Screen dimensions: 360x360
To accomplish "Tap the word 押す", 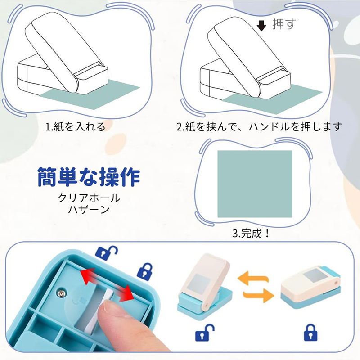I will pos(284,24).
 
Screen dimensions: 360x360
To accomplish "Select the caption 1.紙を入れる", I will pos(75,127).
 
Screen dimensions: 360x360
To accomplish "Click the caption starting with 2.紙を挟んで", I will pos(259,127).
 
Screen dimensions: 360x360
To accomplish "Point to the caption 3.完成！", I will pos(253,234).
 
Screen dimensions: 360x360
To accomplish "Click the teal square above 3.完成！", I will pos(255,184).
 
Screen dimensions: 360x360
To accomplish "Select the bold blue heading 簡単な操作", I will pos(88,177).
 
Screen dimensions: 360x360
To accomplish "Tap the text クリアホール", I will pos(89,198).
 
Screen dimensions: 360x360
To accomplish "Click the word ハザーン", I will pos(89,210).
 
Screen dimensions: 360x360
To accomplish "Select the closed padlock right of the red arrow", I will pos(144,271).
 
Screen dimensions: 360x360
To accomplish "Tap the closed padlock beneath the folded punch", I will pos(310,333).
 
